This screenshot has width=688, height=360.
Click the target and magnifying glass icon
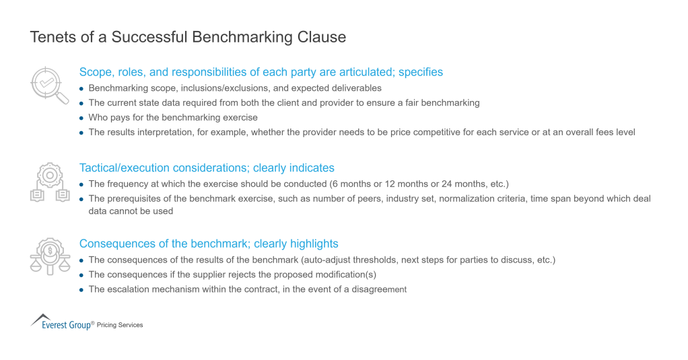coord(49,85)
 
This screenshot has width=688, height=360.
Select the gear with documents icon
coord(49,183)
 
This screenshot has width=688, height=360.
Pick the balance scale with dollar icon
coord(49,257)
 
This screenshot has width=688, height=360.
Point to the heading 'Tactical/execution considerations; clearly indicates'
coord(207,168)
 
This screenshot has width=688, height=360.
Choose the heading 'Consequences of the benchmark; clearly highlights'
coord(209,244)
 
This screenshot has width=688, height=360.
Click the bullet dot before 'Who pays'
coord(82,118)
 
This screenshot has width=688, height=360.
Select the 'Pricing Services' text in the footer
coord(120,325)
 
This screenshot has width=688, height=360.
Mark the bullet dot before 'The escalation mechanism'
coord(82,290)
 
